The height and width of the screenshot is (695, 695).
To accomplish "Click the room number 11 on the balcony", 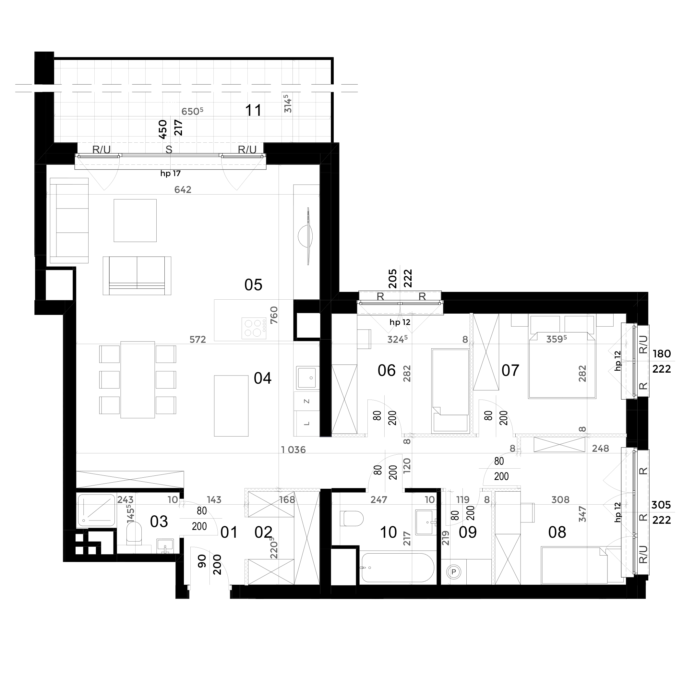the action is click(x=253, y=110).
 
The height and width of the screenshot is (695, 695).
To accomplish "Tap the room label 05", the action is click(x=253, y=285).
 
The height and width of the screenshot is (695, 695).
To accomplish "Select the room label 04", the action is click(x=263, y=378).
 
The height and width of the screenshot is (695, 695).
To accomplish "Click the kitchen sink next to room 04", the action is click(x=307, y=378).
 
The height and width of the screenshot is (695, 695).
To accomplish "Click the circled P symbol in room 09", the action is click(x=454, y=571).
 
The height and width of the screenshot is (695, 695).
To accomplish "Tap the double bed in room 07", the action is click(x=562, y=365).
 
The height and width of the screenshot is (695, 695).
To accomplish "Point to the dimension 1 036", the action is click(x=293, y=450).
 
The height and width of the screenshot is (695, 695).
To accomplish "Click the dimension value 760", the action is click(x=274, y=315).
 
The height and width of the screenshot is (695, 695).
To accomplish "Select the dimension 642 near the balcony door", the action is click(x=183, y=190).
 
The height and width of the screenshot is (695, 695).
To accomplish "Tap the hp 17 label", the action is click(x=171, y=174).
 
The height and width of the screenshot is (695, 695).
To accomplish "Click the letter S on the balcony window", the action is click(x=169, y=150).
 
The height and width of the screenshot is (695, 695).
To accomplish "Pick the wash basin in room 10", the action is click(x=426, y=522).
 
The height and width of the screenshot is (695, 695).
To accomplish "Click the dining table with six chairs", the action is click(x=138, y=380).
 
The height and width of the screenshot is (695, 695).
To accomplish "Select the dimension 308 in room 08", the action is click(x=560, y=499).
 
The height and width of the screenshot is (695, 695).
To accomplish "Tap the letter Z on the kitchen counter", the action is click(x=307, y=401).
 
